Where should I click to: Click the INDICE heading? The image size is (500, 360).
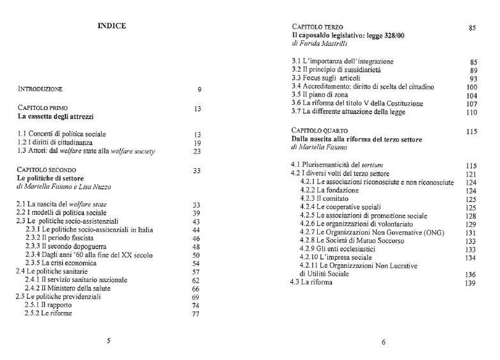click(x=111, y=26)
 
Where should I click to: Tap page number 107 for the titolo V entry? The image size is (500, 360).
click(x=471, y=102)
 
